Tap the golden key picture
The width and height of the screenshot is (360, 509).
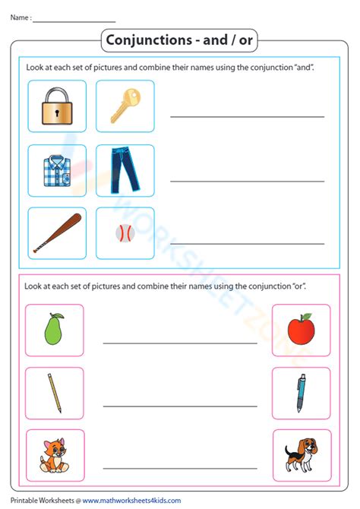(125, 106)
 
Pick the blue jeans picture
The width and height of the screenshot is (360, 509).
(125, 169)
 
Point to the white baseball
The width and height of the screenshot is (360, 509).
(125, 233)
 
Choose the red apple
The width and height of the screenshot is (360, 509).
(301, 330)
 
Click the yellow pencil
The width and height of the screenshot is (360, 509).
(54, 393)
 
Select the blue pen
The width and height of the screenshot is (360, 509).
(301, 393)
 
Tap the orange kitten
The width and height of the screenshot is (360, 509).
(53, 457)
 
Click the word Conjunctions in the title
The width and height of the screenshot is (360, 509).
(144, 40)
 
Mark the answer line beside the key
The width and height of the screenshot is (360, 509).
(247, 117)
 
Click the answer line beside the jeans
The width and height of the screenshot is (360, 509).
(247, 181)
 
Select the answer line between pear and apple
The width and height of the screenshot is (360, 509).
(180, 343)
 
